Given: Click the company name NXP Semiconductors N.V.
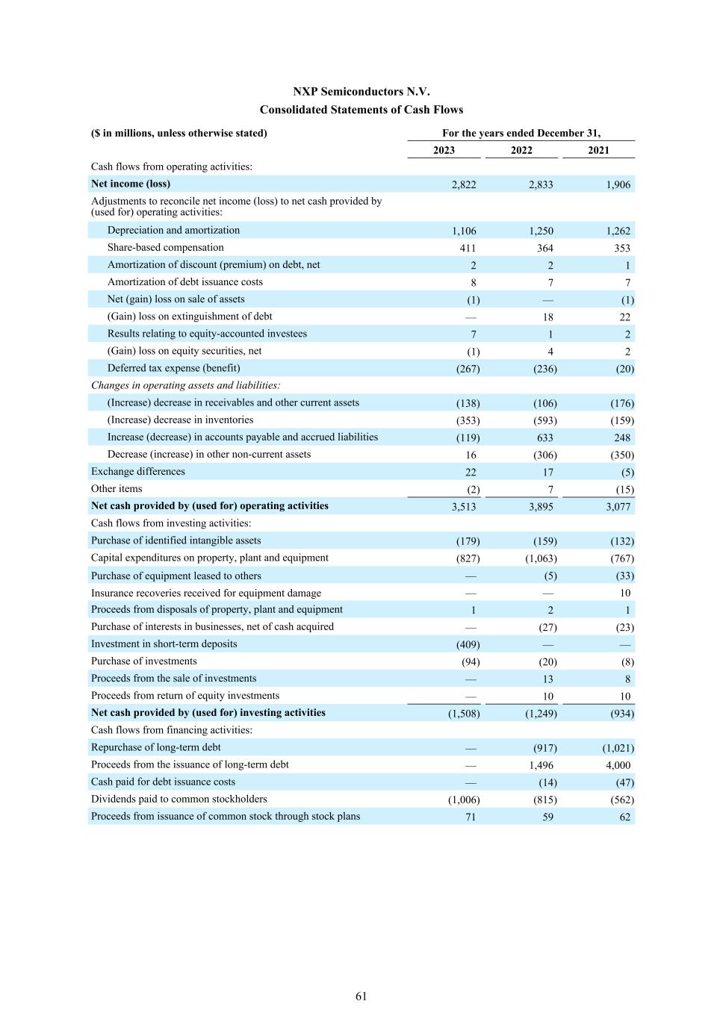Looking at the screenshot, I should [361, 92].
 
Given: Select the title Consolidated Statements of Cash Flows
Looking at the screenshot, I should [361, 110].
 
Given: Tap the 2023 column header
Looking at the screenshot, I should [444, 150].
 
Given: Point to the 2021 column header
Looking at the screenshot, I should [598, 150].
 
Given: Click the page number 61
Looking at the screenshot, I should [361, 996].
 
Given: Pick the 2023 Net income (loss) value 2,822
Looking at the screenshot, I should [464, 185].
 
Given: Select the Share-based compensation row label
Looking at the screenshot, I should [165, 248].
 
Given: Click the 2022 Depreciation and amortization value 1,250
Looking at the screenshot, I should [541, 231].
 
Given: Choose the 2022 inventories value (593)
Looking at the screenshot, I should [544, 420].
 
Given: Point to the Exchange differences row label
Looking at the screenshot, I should [137, 472].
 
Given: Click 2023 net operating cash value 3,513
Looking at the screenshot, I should [464, 507].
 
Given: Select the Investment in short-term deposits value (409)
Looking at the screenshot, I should [468, 645].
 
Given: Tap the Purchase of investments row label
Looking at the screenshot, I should [143, 661].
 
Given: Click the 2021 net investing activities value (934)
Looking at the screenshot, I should [622, 714].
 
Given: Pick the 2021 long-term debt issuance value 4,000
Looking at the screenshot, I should [618, 765].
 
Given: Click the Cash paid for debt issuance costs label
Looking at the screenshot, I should [163, 782].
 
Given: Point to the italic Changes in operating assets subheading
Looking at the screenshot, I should [186, 385].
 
